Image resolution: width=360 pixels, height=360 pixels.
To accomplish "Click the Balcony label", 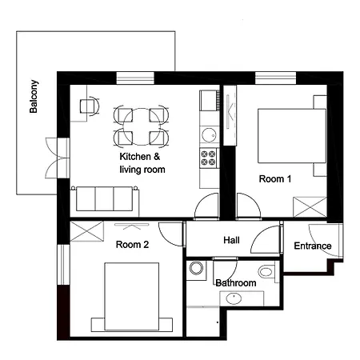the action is [34, 97].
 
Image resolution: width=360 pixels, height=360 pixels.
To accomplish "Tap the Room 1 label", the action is [275, 178].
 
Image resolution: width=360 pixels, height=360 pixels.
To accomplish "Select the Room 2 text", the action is [132, 244].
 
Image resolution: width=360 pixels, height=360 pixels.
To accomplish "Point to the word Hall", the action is [231, 240].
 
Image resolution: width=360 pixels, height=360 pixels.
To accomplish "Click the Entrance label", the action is [313, 246].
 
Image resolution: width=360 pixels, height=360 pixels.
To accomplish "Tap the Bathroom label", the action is [236, 282].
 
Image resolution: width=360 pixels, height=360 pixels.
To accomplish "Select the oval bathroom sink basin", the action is [234, 298].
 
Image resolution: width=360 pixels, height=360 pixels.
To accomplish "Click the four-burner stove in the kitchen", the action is [208, 158].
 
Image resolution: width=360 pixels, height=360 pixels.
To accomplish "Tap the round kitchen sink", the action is [209, 135].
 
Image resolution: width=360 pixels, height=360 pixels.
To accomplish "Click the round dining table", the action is [142, 126].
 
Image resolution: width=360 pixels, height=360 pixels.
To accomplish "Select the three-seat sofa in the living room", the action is [105, 199].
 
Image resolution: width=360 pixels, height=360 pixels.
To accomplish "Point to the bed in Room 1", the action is [292, 136].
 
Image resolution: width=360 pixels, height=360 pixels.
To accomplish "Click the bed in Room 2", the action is [132, 297].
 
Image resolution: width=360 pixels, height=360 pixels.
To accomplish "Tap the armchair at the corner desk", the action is [90, 106].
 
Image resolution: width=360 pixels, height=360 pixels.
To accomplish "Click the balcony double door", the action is [58, 158].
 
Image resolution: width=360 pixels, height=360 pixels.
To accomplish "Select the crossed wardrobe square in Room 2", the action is [87, 231].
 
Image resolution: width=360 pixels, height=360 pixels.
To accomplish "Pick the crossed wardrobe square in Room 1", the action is [310, 207].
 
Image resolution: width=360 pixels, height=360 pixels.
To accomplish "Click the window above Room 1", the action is [275, 78].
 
